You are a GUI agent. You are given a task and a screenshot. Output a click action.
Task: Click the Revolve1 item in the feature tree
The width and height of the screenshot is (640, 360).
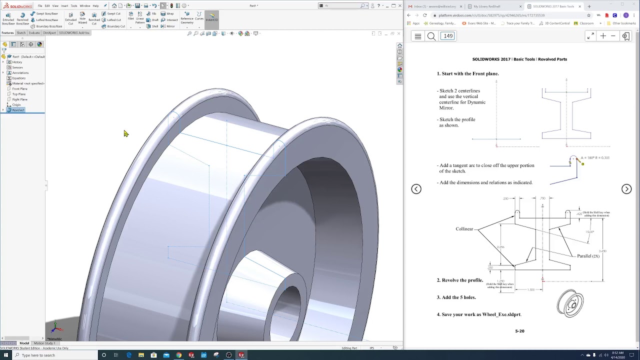coord(18,110)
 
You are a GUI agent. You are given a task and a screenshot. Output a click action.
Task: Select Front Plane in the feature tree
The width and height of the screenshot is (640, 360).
coord(19,88)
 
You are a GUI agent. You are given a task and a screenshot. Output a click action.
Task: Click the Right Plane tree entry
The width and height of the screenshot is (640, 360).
coord(19,99)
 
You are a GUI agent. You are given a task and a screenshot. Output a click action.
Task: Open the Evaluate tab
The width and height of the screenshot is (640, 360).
coord(34,33)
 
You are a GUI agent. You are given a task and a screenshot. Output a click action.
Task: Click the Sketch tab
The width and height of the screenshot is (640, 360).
coord(21,33)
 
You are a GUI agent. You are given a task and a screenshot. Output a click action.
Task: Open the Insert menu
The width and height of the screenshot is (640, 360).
coord(64,6)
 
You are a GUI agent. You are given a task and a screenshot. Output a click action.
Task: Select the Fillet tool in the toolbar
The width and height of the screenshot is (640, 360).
coord(130,16)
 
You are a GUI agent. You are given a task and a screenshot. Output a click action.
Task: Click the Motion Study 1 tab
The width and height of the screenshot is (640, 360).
coord(44,343)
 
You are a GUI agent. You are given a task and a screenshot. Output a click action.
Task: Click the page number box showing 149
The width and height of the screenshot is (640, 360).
coord(447,36)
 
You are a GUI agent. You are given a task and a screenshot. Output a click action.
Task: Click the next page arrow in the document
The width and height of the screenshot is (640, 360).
coord(626,189)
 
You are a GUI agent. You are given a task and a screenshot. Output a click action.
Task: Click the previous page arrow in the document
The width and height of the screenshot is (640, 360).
coord(416,189)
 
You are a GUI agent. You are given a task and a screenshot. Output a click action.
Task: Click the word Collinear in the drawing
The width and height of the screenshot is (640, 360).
coord(464,229)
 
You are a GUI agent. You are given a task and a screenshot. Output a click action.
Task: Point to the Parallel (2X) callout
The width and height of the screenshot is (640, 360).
coord(588,256)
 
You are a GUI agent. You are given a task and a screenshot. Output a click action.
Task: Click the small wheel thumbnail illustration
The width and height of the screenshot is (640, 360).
coord(570,303)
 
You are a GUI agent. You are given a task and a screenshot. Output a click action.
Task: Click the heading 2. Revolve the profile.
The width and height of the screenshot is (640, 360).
coord(460,280)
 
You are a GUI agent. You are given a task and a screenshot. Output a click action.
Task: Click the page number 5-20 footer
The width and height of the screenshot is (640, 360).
coord(519,331)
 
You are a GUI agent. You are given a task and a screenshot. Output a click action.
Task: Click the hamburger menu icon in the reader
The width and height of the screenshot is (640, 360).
coord(418,36)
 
